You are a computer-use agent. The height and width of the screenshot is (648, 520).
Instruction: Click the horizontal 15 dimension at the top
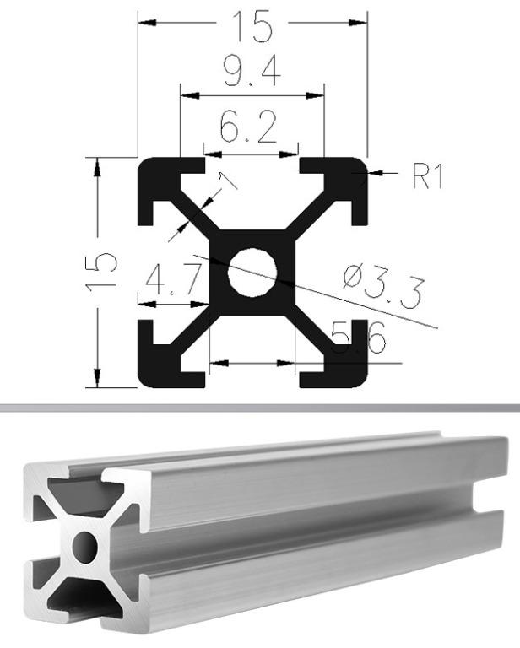pos(253,25)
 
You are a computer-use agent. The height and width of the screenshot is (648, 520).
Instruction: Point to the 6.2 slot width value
pos(248,129)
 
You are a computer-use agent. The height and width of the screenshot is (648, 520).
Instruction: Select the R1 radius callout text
pos(427,175)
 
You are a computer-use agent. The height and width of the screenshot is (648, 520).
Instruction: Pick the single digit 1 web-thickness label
pos(226,179)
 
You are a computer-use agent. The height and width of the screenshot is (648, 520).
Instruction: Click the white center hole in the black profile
pos(253,272)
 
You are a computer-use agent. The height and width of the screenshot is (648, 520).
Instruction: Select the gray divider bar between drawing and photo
pos(260,408)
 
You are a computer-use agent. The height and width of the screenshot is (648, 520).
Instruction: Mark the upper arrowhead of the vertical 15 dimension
pos(99,166)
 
